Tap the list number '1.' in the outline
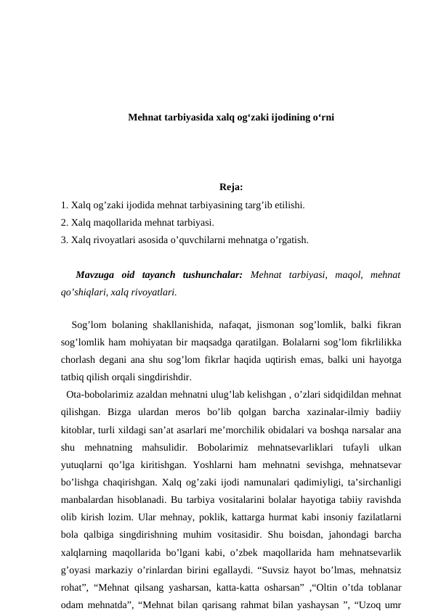tap(65, 206)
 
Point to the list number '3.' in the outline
tap(65, 238)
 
